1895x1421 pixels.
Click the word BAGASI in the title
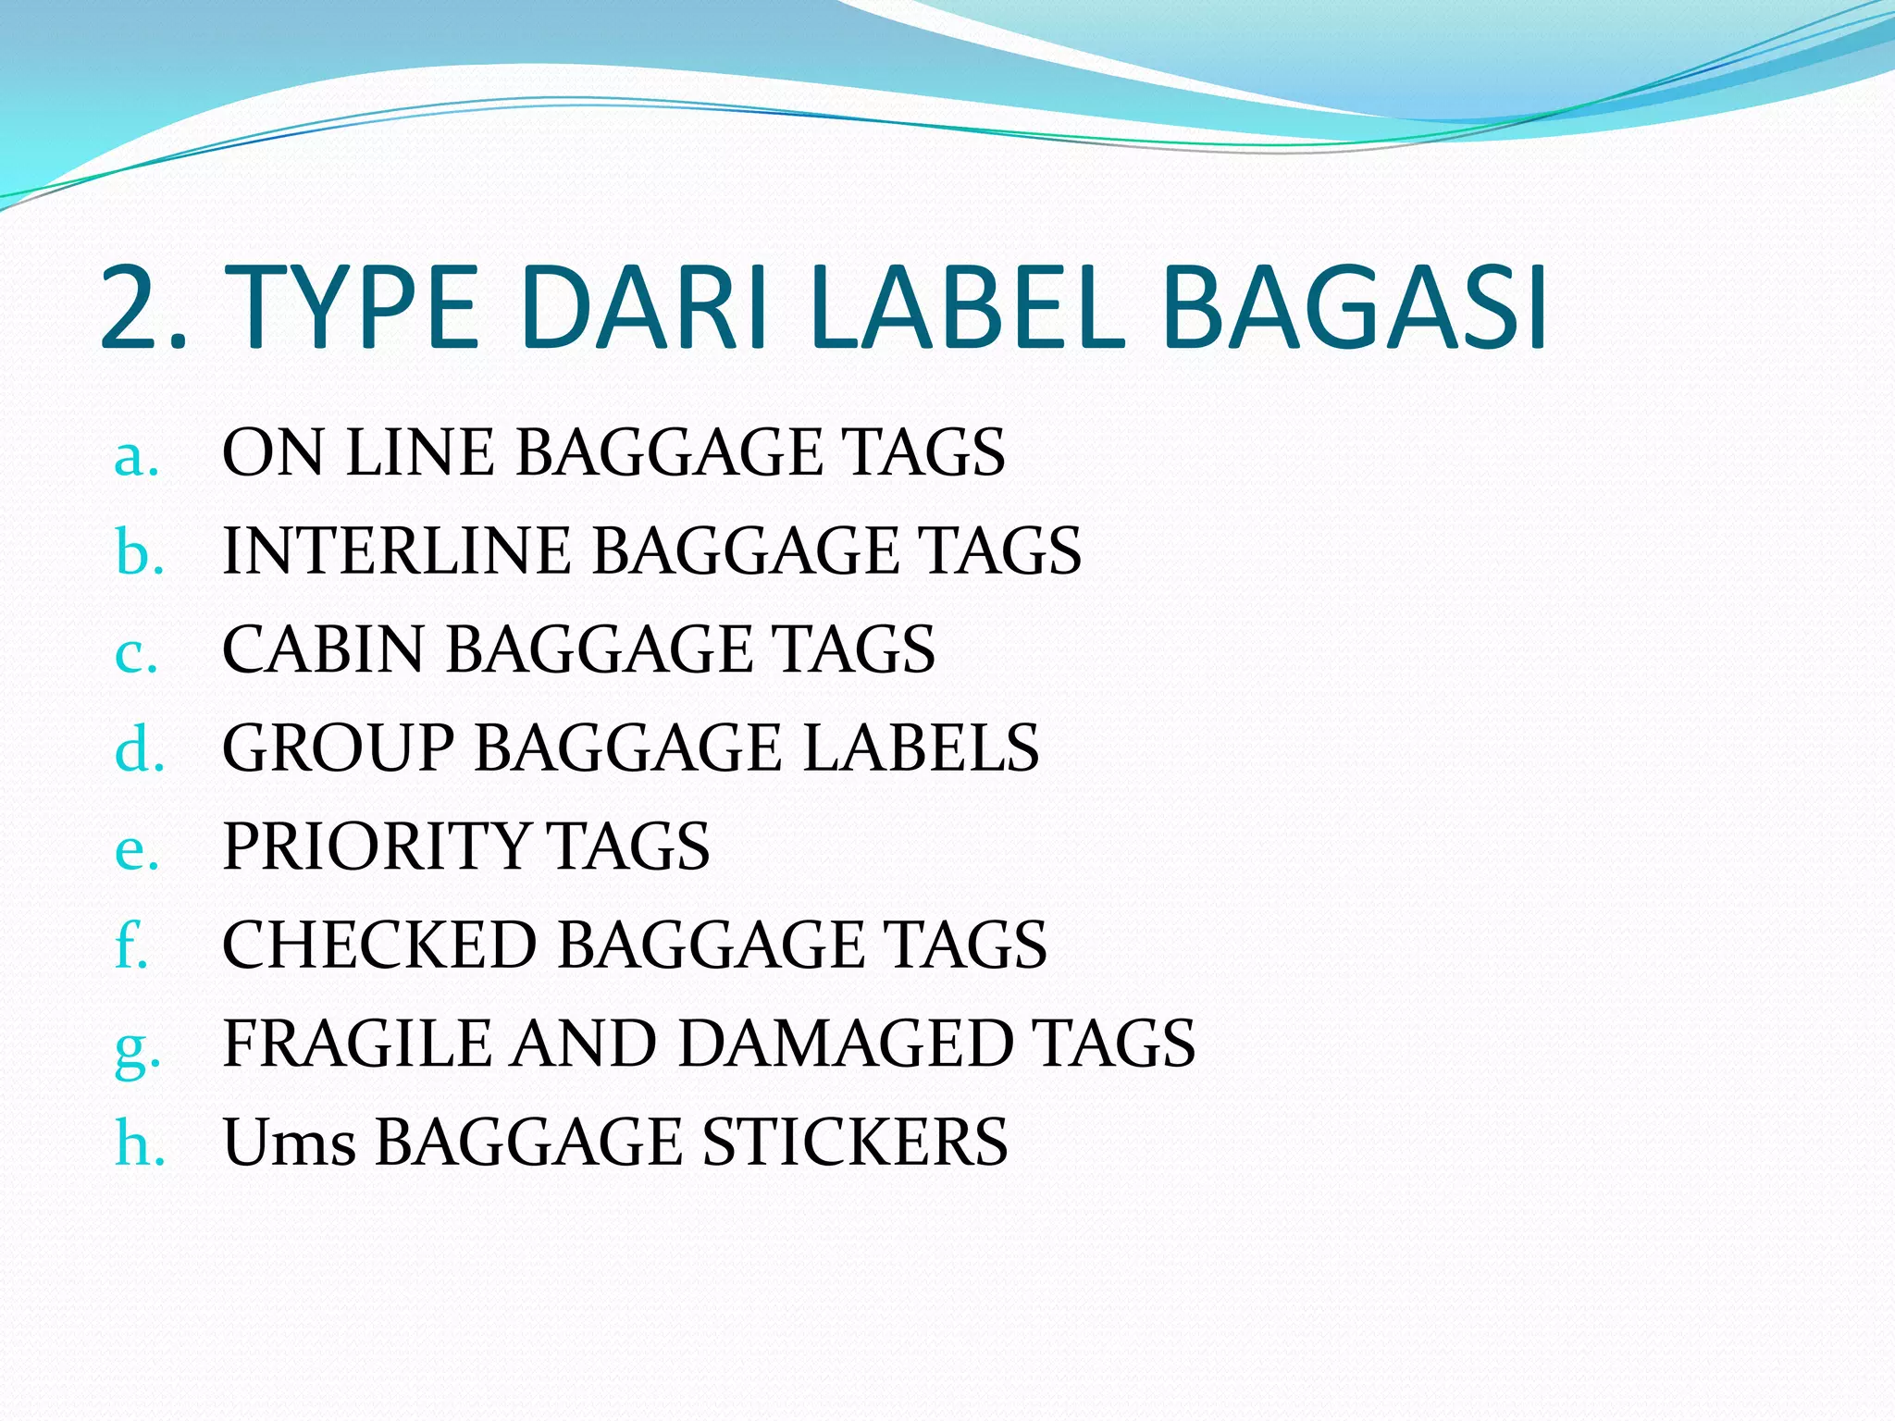[1355, 308]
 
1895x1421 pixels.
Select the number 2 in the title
[135, 308]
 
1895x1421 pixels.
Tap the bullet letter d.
[139, 748]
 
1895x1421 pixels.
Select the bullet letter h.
[140, 1143]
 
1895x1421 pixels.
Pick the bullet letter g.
[137, 1048]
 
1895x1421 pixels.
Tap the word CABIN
[323, 649]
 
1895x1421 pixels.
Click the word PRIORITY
[376, 846]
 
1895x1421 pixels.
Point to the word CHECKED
[379, 945]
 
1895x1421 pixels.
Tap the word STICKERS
[855, 1142]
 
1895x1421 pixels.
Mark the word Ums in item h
[289, 1143]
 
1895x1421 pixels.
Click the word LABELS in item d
[922, 748]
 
